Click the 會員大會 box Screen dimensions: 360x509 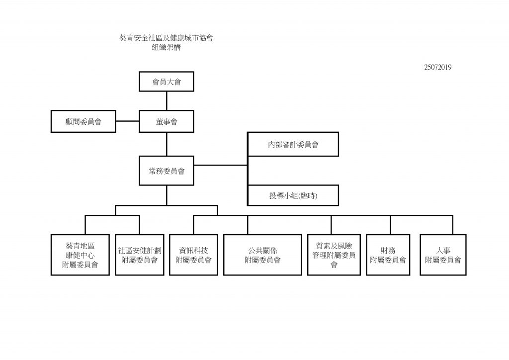tap(166, 82)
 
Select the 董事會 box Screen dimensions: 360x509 tap(166, 121)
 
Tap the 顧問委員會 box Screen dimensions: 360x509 tap(83, 121)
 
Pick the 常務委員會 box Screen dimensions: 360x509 tap(166, 171)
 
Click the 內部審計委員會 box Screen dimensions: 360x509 tap(293, 145)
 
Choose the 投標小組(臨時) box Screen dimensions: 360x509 tap(293, 195)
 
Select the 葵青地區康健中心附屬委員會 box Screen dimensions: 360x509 tap(80, 255)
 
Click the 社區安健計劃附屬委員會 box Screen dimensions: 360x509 tap(138, 255)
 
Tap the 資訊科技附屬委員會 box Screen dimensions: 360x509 tap(193, 255)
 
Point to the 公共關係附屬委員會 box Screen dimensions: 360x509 tap(262, 255)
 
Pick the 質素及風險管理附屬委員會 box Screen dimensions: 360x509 tap(334, 255)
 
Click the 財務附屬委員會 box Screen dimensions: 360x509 tap(388, 255)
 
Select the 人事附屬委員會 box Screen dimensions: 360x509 tap(442, 255)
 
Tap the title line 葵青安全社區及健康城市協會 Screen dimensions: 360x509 tap(166, 38)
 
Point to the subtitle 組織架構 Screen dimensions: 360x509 tap(166, 48)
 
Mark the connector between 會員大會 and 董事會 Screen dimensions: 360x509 tap(166, 101)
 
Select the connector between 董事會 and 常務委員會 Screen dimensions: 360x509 tap(166, 144)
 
